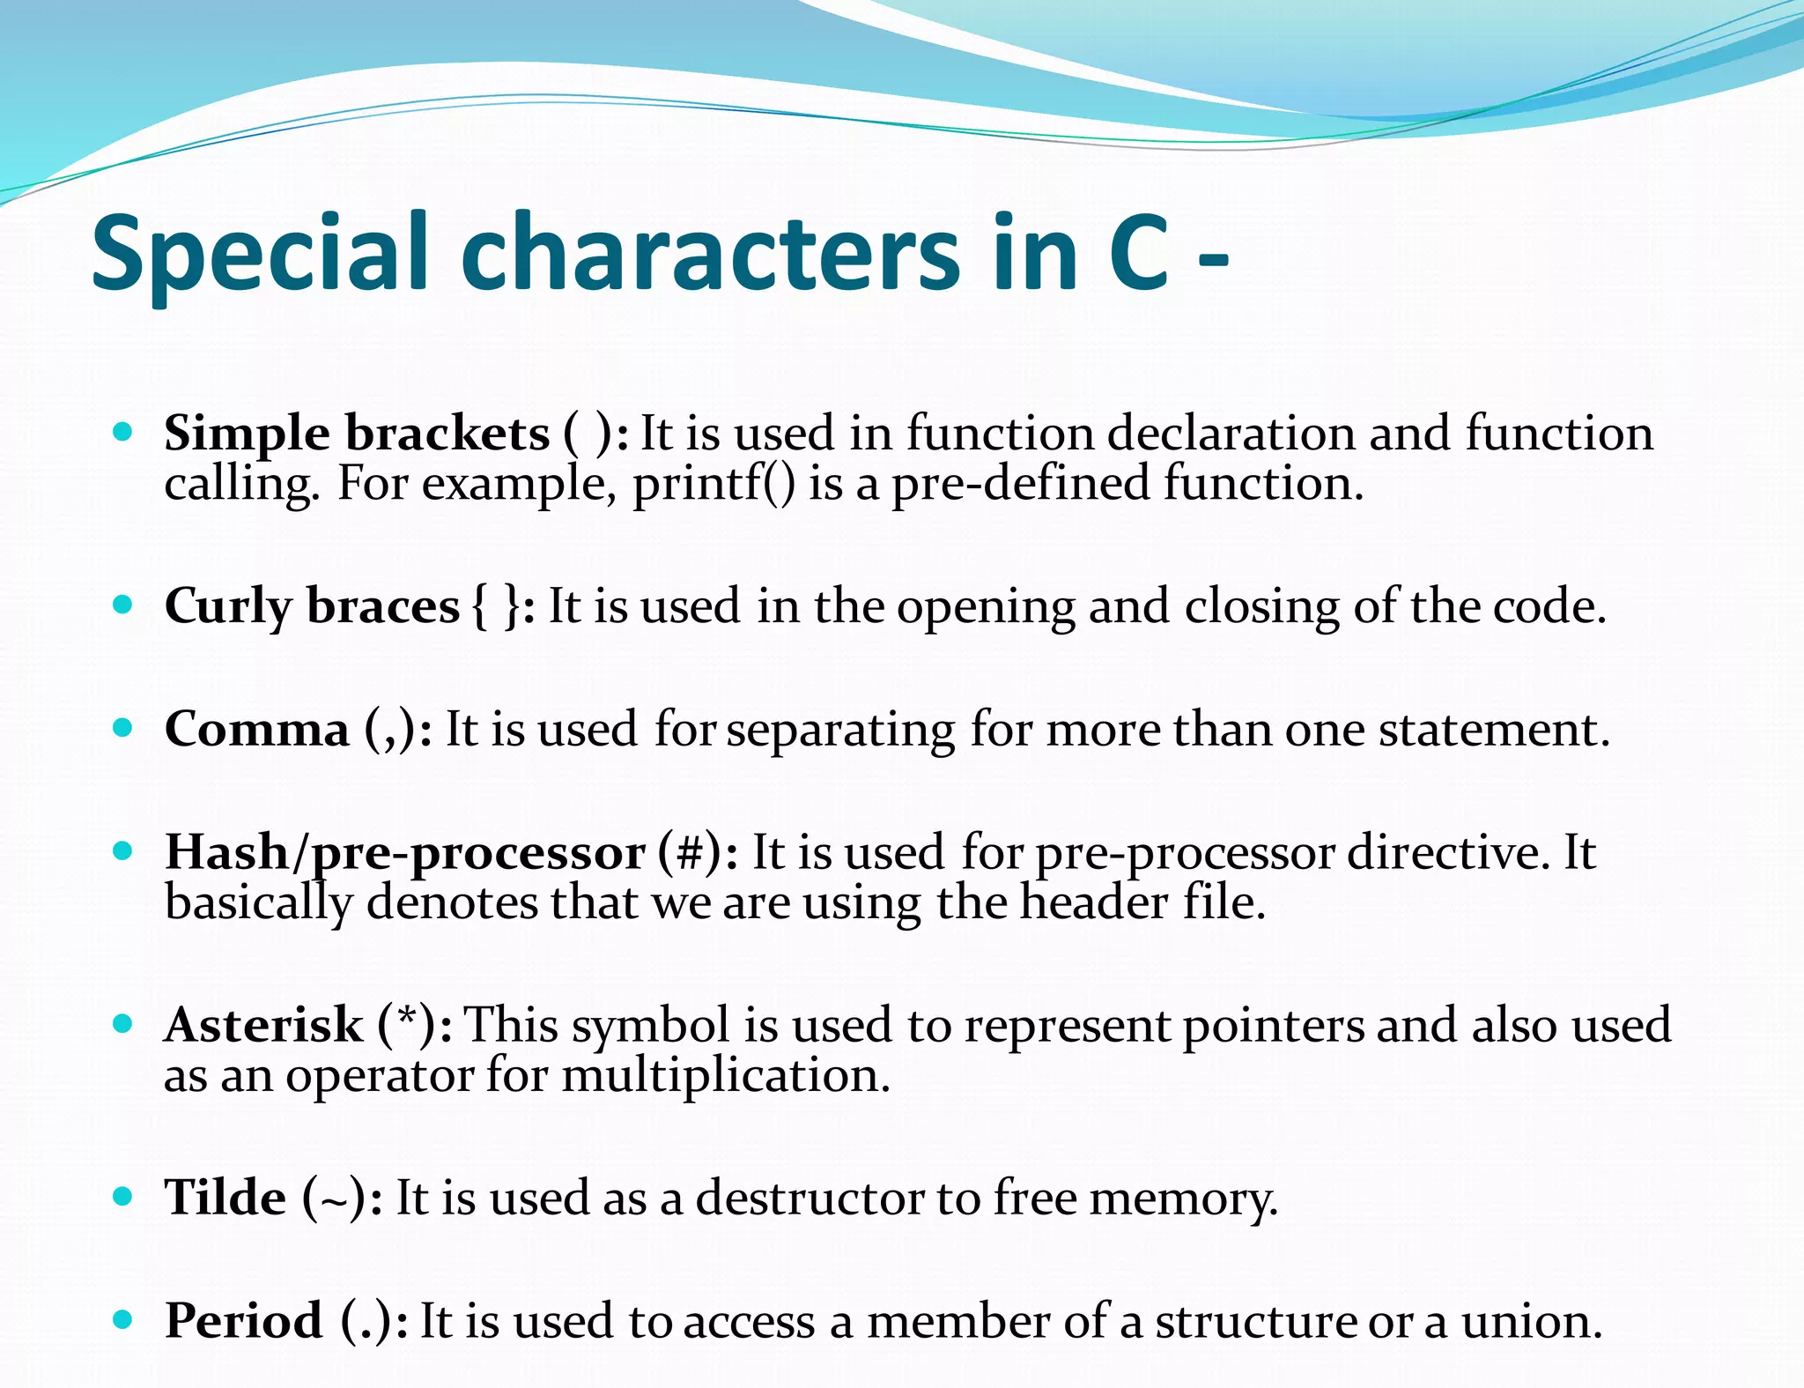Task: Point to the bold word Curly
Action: [228, 607]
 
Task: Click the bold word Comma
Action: [257, 731]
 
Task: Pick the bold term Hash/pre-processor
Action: [405, 854]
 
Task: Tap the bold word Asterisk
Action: [263, 1026]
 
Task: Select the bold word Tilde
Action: [225, 1199]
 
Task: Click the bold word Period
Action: [244, 1322]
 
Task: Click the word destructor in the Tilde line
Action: [809, 1199]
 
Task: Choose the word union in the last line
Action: [1531, 1322]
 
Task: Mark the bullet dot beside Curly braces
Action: [123, 605]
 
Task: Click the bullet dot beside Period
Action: [123, 1319]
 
